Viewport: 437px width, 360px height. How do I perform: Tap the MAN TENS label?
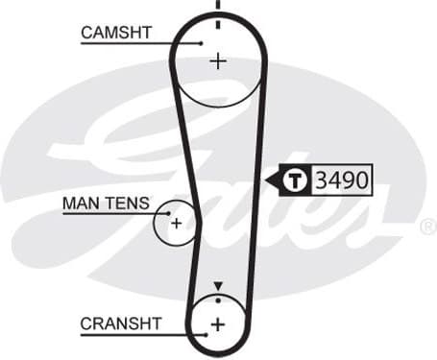(106, 203)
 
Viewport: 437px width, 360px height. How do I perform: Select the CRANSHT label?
(121, 324)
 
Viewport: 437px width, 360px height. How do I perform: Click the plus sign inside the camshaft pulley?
(218, 60)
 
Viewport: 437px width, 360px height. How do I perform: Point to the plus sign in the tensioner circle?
(177, 223)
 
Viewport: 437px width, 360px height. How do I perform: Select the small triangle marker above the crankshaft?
(218, 286)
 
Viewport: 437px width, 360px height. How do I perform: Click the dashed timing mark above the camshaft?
(218, 12)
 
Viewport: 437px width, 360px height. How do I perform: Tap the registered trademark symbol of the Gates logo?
(427, 227)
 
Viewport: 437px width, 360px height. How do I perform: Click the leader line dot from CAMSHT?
(203, 42)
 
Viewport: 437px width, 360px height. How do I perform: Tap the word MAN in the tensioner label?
(81, 203)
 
